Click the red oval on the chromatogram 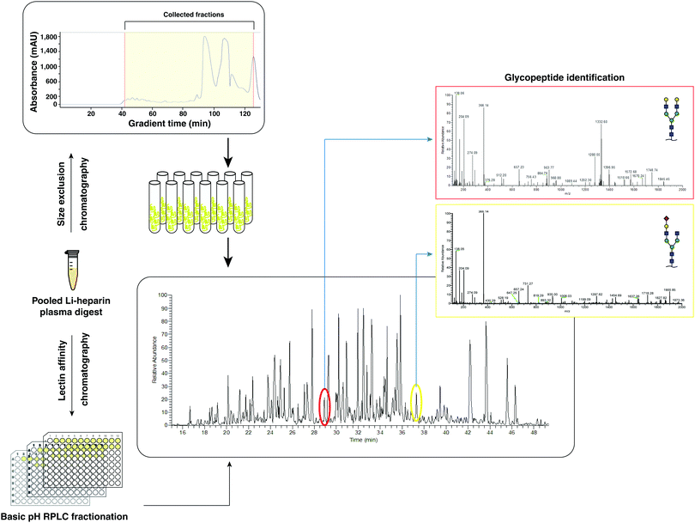point(324,406)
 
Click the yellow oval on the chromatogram point(416,403)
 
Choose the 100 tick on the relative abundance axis point(162,295)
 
